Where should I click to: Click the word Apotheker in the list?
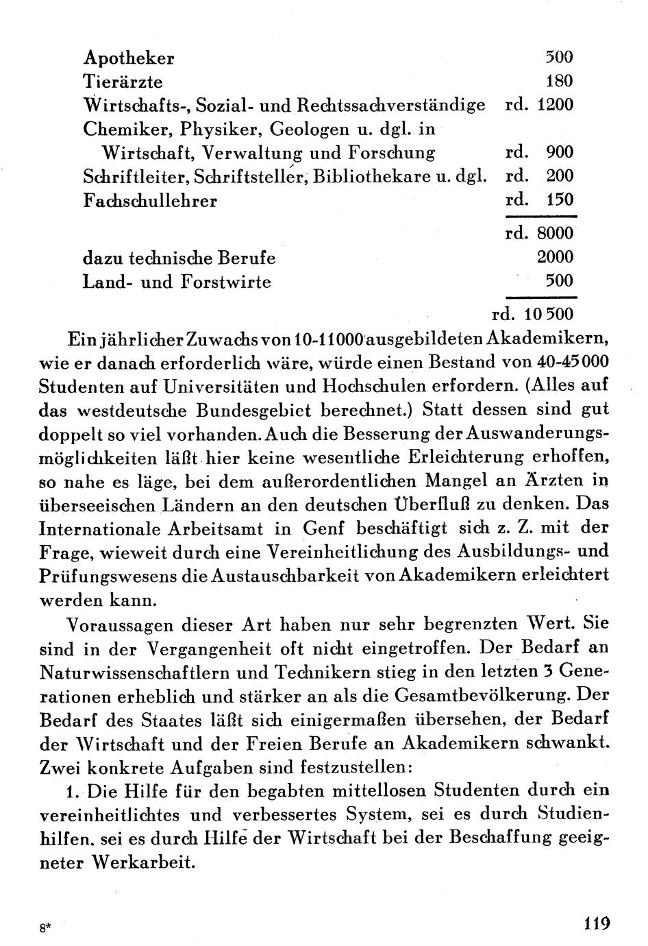(128, 58)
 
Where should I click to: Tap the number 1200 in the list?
(556, 105)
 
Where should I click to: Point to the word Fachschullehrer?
(150, 201)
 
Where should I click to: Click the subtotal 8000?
(556, 233)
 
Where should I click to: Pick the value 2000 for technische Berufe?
(556, 257)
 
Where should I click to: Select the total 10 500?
(549, 315)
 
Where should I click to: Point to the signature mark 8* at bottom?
(45, 927)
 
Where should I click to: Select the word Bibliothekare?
(372, 176)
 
